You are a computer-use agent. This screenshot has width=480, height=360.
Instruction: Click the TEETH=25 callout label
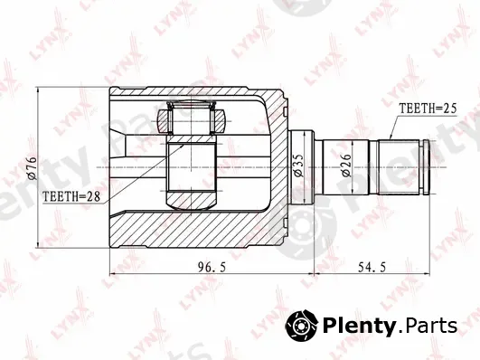click(428, 109)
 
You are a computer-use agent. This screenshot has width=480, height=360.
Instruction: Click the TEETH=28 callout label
click(71, 196)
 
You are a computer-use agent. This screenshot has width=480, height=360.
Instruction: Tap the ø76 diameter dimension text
click(32, 168)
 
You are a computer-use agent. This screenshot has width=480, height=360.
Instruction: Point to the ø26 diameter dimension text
click(347, 166)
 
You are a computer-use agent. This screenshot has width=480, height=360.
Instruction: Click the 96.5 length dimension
click(212, 267)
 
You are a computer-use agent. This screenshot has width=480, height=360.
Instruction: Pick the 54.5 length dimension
click(372, 267)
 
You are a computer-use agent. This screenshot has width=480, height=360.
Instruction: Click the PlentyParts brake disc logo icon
click(302, 326)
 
